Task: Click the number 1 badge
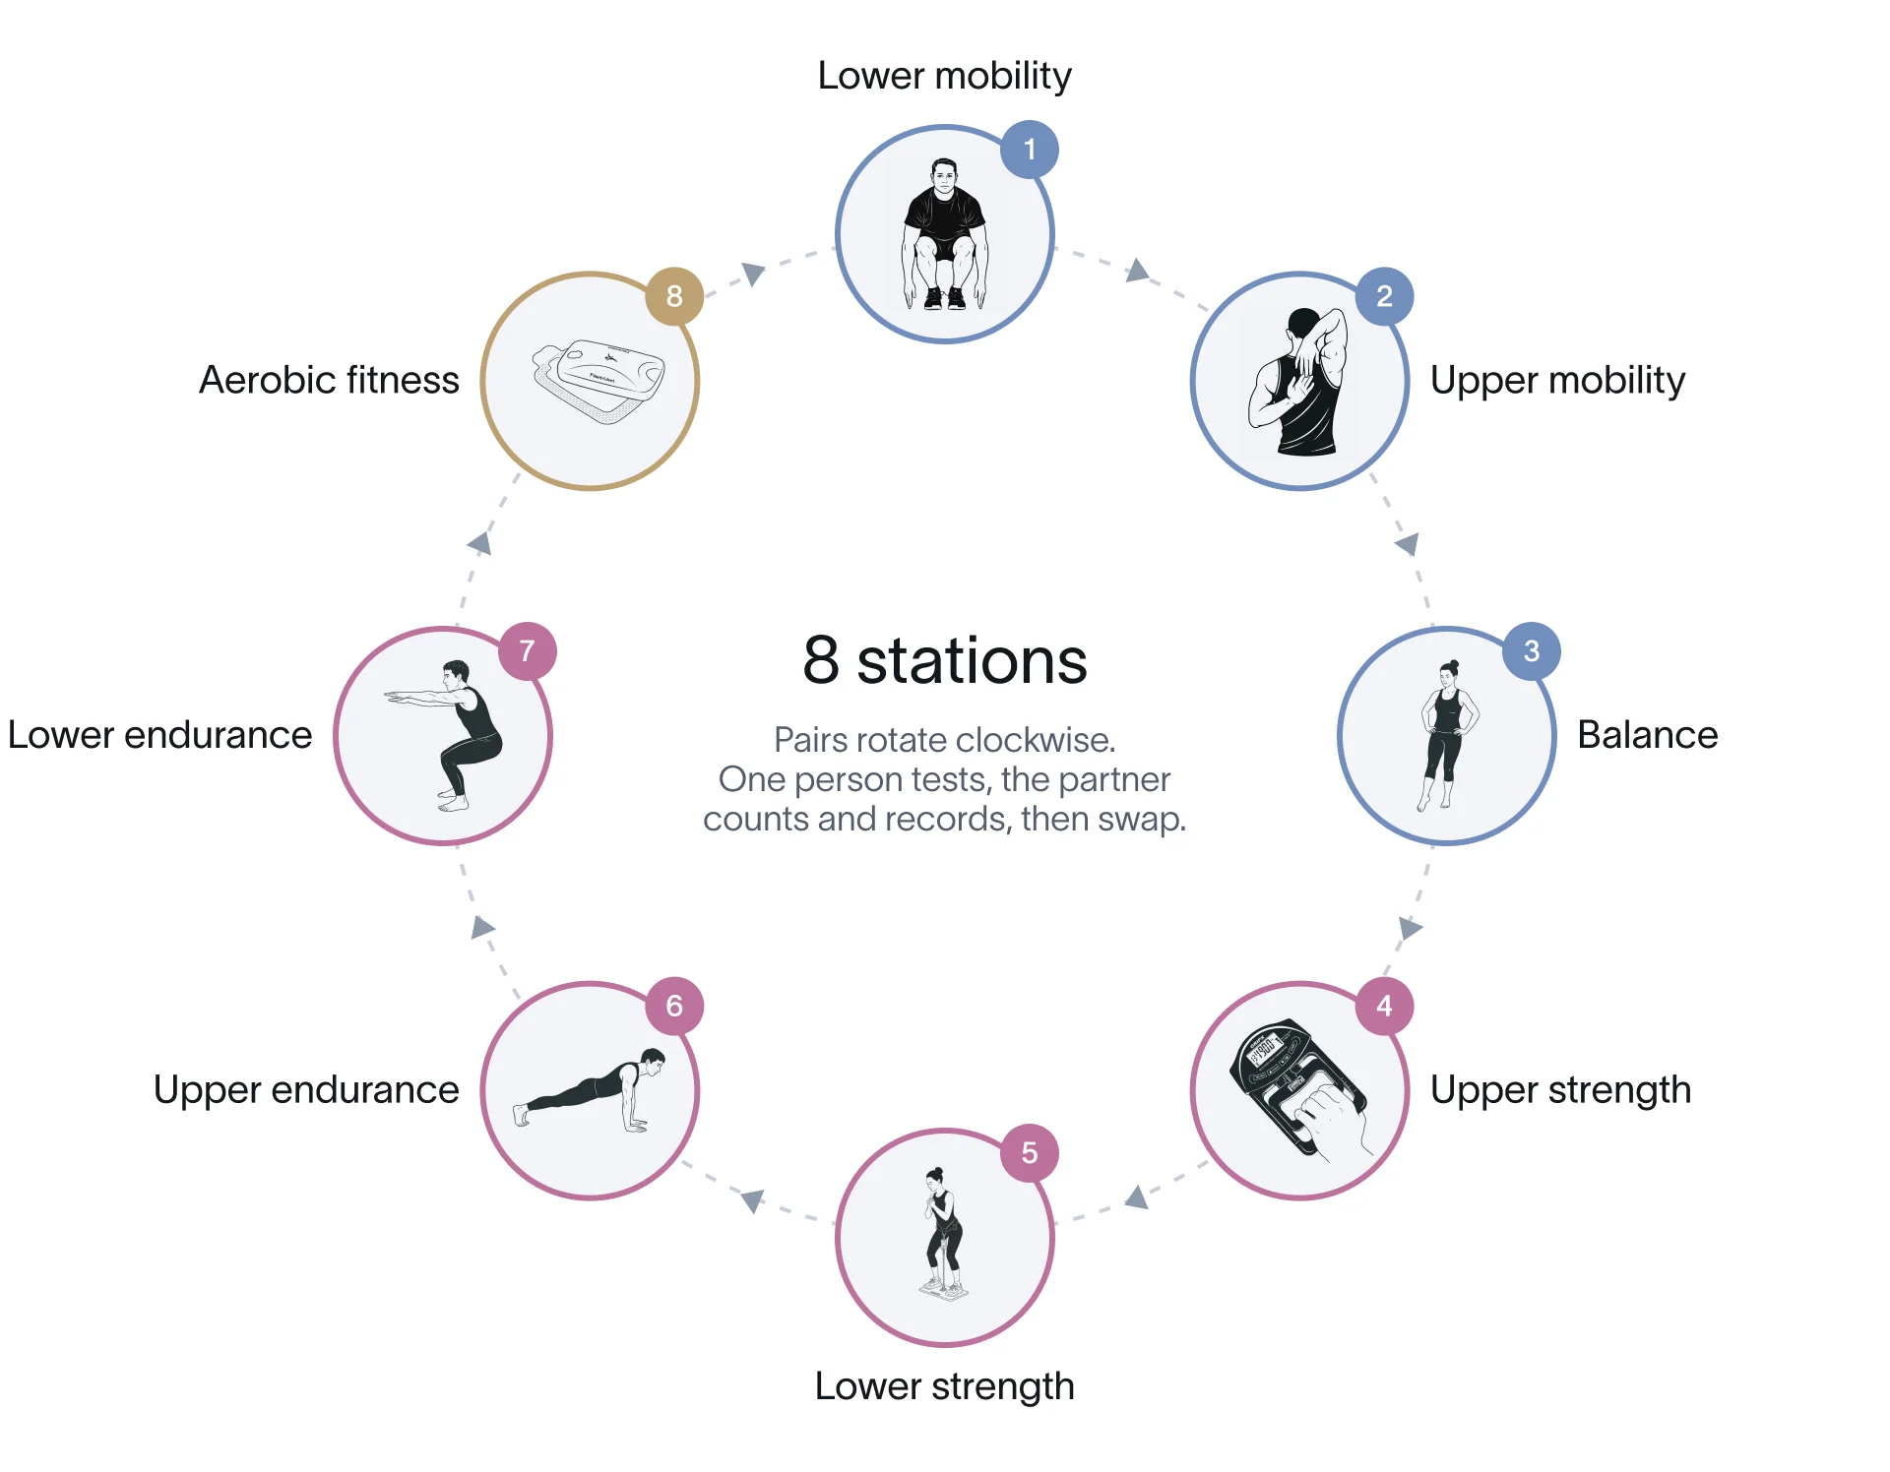pyautogui.click(x=1030, y=150)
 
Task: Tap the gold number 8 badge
pyautogui.click(x=674, y=296)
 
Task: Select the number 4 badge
pyautogui.click(x=1384, y=1006)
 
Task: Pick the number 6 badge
pyautogui.click(x=674, y=1006)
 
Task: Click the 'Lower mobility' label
pyautogui.click(x=945, y=76)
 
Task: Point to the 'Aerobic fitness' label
pyautogui.click(x=329, y=381)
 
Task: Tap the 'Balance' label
pyautogui.click(x=1647, y=735)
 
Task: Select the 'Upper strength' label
pyautogui.click(x=1560, y=1091)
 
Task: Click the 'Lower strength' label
pyautogui.click(x=945, y=1387)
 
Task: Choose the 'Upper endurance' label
pyautogui.click(x=306, y=1091)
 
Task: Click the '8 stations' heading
pyautogui.click(x=945, y=660)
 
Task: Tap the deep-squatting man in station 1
pyautogui.click(x=945, y=234)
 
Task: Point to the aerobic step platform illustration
pyautogui.click(x=598, y=380)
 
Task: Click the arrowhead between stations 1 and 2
pyautogui.click(x=1138, y=271)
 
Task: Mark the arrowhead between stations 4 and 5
pyautogui.click(x=1138, y=1196)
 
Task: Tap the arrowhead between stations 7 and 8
pyautogui.click(x=480, y=543)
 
